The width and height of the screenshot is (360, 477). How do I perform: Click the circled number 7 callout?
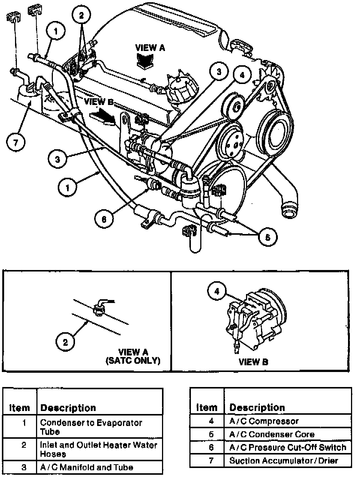click(x=16, y=142)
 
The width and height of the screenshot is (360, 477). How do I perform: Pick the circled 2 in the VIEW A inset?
click(x=65, y=342)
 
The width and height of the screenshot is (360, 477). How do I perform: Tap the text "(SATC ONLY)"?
click(x=133, y=361)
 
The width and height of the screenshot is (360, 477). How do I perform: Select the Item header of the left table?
click(x=19, y=408)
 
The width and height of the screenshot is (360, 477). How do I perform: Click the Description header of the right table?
click(x=257, y=407)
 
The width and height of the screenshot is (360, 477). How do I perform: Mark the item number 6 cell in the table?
click(x=211, y=447)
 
